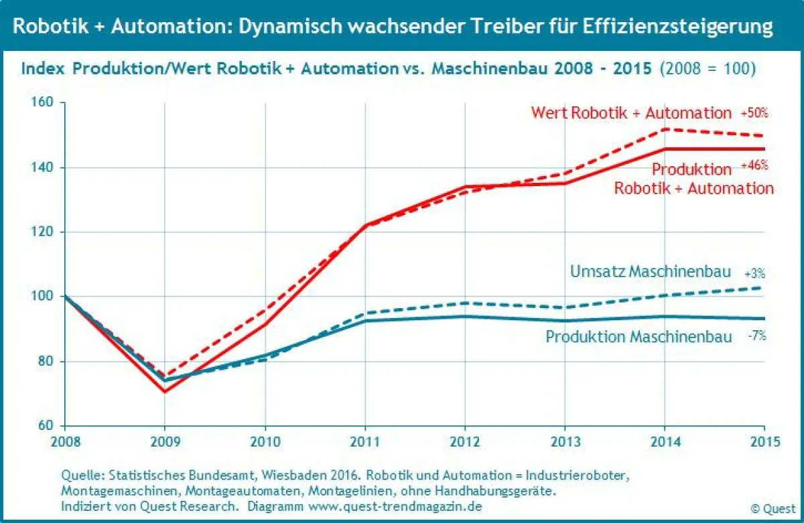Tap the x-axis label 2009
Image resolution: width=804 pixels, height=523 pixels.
[x=164, y=442]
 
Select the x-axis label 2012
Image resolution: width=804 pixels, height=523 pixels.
[x=464, y=442]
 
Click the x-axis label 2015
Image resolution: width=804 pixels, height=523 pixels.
[x=764, y=442]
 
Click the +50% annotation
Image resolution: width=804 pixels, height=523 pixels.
[x=754, y=113]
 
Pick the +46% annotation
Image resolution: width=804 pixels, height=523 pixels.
[x=754, y=165]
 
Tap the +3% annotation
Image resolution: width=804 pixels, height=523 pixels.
[x=754, y=274]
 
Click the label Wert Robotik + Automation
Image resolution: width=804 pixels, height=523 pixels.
[x=631, y=113]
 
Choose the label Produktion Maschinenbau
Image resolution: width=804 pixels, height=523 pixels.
[x=639, y=336]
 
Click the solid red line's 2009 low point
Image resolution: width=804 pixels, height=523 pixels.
[x=164, y=392]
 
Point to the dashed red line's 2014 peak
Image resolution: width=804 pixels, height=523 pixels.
[x=665, y=129]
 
